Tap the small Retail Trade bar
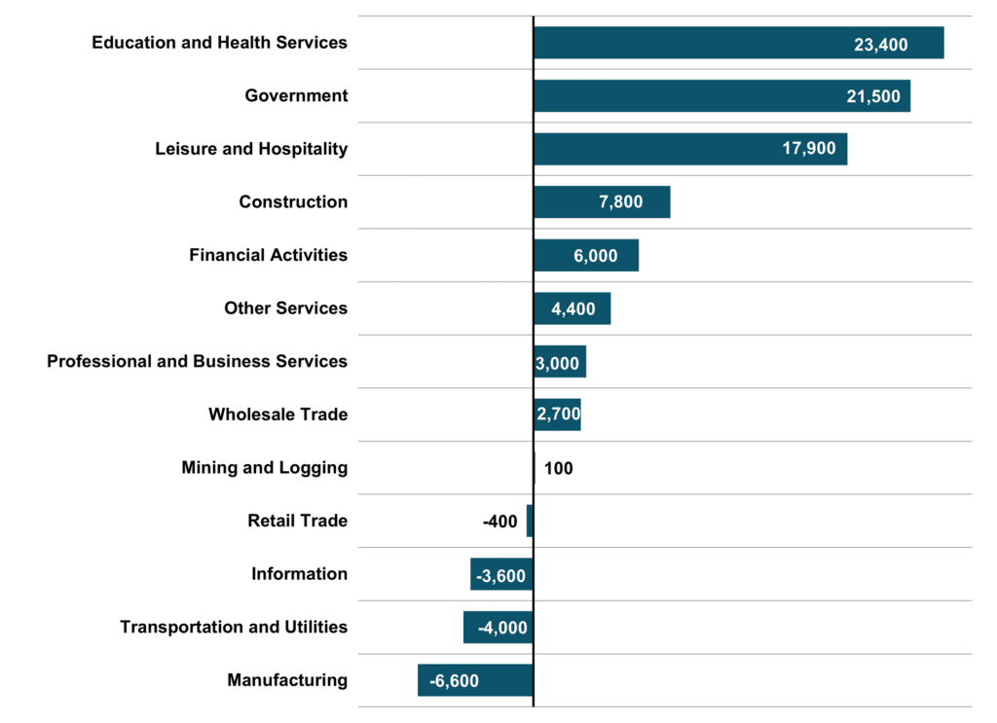530,521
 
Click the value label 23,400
880,44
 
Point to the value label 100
559,468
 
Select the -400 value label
500,522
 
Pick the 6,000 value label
595,256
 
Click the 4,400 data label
572,309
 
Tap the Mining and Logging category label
264,467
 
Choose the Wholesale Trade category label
277,415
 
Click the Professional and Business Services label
197,361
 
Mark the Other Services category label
285,308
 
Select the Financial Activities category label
268,255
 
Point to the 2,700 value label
558,416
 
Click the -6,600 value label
455,681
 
